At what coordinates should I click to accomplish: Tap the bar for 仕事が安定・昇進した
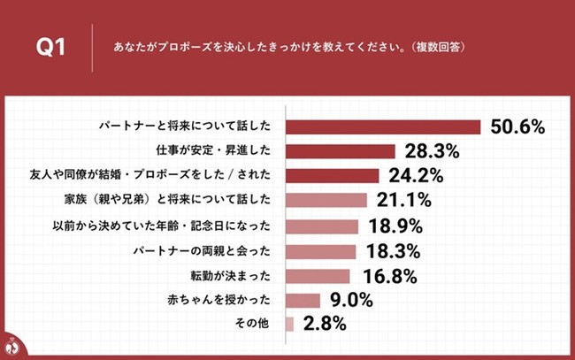(341, 151)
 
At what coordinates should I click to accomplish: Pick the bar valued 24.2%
(333, 175)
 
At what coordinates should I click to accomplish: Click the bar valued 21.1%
(326, 200)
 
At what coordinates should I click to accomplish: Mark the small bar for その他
(289, 325)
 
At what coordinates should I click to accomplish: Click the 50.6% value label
(517, 127)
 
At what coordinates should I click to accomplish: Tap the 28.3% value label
(432, 151)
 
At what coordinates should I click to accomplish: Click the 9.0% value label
(350, 301)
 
